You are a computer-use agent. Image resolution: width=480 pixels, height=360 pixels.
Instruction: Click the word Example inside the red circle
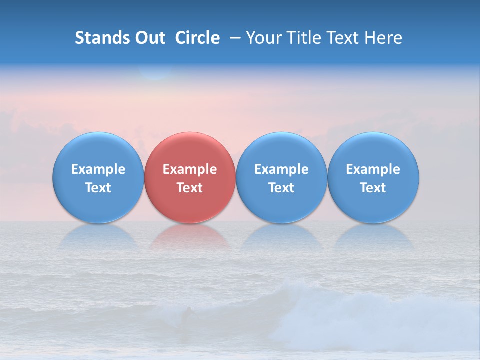pos(190,169)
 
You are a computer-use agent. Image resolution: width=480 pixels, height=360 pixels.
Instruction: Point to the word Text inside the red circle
pos(190,188)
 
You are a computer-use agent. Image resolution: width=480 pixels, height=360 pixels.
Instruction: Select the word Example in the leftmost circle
pos(98,169)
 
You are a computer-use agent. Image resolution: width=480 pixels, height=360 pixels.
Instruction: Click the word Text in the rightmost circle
pos(373,188)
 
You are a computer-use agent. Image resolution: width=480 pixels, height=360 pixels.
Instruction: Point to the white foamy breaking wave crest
pos(300,295)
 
